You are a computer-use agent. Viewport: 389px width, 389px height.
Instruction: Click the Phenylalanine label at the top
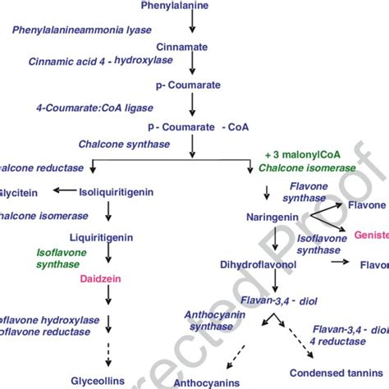tap(191, 7)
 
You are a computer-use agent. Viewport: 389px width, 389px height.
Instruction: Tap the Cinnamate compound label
tap(191, 47)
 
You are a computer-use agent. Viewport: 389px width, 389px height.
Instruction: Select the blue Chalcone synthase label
tap(124, 144)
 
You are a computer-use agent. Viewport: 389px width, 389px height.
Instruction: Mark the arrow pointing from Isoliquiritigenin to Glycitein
tap(63, 191)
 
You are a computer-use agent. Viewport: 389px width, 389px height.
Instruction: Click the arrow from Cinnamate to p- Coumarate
tap(191, 66)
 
